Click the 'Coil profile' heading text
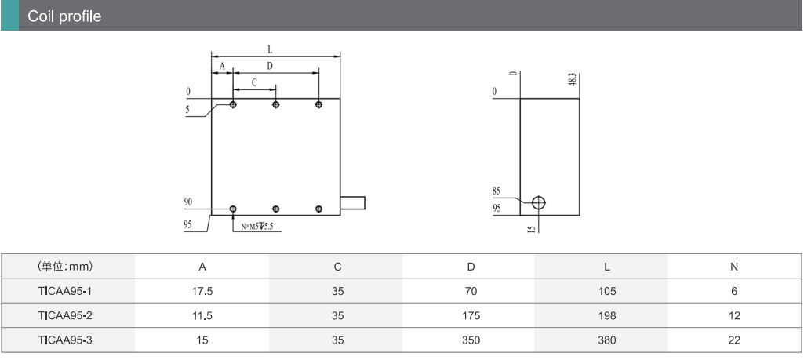(x=64, y=16)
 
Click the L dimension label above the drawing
(x=270, y=49)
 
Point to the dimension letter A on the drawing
(x=222, y=67)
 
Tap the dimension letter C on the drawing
(x=254, y=82)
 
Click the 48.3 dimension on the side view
(x=573, y=80)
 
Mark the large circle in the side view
(x=538, y=202)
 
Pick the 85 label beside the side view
(x=497, y=190)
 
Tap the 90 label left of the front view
(x=188, y=202)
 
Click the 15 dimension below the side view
(x=531, y=229)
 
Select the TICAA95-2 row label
(x=65, y=316)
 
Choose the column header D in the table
(x=471, y=267)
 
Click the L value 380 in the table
(x=606, y=340)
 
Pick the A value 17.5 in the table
(x=202, y=291)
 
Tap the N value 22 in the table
(x=734, y=340)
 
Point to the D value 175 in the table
(x=471, y=316)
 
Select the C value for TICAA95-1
(x=337, y=291)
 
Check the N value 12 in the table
(x=734, y=316)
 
